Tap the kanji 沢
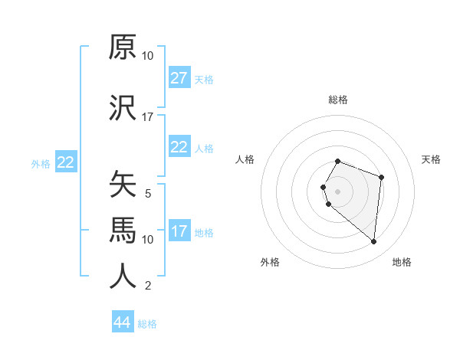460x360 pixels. coord(123,110)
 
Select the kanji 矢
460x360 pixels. coord(123,185)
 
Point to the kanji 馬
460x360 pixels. coord(123,229)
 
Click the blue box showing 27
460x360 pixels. coord(179,78)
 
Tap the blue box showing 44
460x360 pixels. coord(122,322)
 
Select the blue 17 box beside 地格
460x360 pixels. coord(179,231)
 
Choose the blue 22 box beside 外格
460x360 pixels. coord(65,162)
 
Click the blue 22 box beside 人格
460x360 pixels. coord(179,147)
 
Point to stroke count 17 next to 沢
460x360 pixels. coord(148,117)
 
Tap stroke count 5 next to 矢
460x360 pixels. coord(148,194)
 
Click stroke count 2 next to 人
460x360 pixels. coord(148,286)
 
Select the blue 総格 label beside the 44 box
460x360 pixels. coord(147,324)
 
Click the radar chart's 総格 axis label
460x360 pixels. coord(338,100)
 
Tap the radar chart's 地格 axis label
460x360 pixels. coord(402,262)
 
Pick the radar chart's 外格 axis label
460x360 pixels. coord(270,262)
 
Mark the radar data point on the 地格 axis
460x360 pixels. coord(373,242)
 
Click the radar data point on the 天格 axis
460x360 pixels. coord(381,178)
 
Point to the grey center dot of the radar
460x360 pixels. coord(338,191)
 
